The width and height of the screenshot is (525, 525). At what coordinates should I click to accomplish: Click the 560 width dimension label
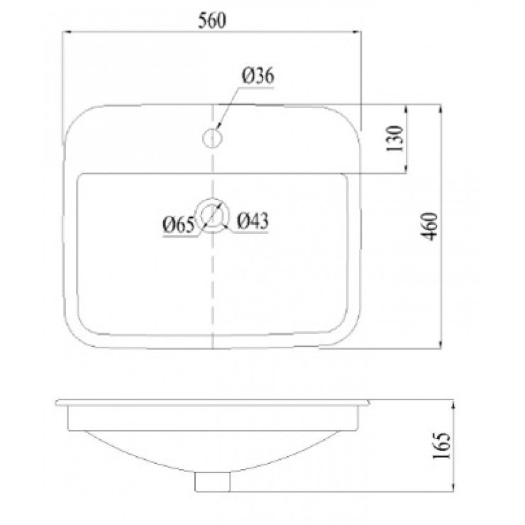[x=211, y=21]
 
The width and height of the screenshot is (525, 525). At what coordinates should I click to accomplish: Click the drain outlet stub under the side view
[x=213, y=482]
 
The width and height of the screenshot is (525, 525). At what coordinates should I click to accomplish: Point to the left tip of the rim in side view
[x=57, y=403]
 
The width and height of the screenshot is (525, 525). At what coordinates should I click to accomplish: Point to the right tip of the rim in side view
[x=370, y=403]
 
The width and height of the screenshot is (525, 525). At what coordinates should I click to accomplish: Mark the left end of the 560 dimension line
[x=64, y=32]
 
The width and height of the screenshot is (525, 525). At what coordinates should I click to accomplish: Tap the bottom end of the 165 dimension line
[x=455, y=490]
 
